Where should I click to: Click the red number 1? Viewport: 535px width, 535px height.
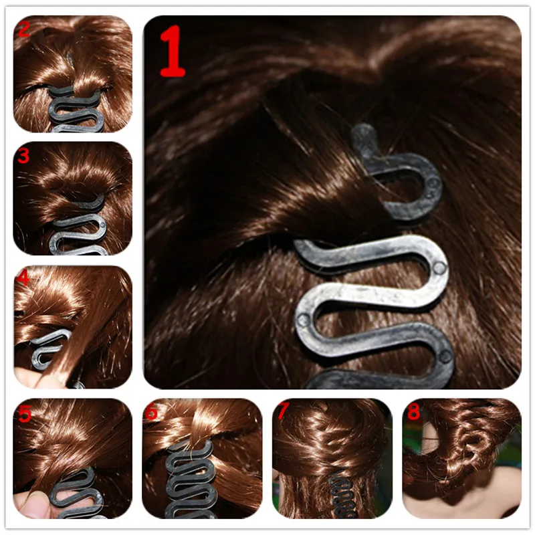[x=172, y=52]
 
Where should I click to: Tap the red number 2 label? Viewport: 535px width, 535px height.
[x=25, y=29]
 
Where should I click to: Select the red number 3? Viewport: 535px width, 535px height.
[x=24, y=156]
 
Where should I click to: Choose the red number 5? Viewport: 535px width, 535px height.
[x=25, y=414]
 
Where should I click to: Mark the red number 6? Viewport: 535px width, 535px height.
[x=152, y=413]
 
